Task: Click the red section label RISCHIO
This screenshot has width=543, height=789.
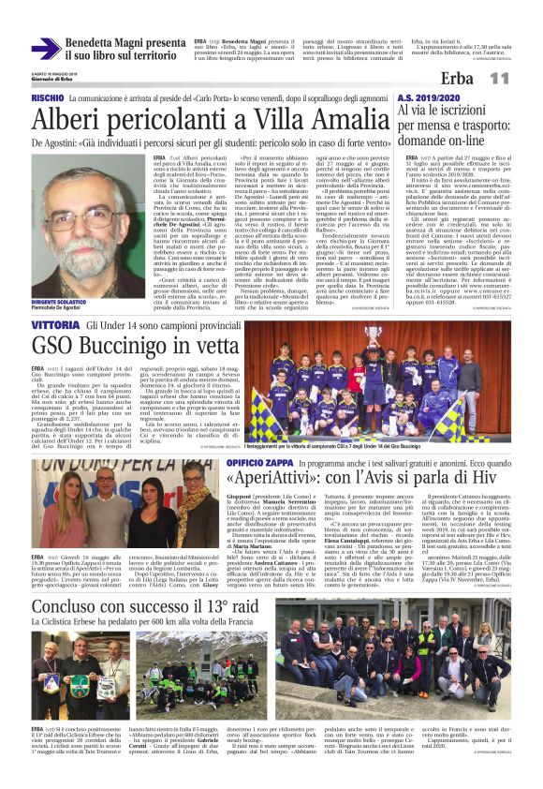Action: point(48,98)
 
